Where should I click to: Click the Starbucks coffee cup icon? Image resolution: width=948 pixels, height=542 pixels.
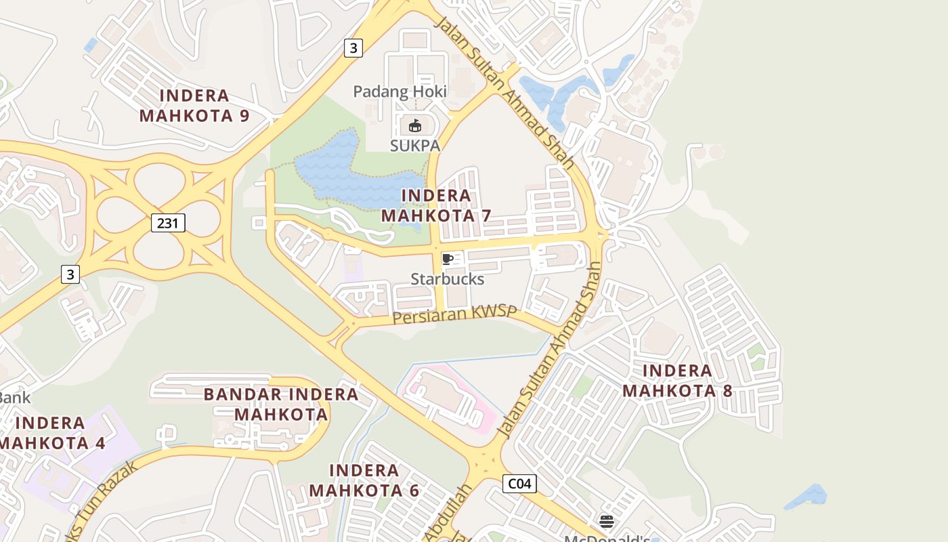[x=447, y=259]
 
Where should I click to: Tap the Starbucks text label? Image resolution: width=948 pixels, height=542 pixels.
[x=448, y=279]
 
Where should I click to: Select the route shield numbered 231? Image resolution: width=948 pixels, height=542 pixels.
[x=168, y=222]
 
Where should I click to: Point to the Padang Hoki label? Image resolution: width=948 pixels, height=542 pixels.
[x=400, y=91]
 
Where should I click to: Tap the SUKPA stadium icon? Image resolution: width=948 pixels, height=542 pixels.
[x=415, y=126]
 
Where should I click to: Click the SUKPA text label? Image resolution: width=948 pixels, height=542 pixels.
[x=415, y=146]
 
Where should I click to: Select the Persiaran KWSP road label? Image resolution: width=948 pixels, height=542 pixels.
[x=455, y=315]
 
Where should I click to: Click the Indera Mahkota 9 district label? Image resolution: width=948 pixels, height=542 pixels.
[x=194, y=106]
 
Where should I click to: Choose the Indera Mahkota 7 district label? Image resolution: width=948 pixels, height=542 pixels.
[x=436, y=206]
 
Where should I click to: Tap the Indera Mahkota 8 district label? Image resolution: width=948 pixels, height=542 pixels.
[x=677, y=381]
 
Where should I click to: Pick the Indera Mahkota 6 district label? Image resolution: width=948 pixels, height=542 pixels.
[x=364, y=480]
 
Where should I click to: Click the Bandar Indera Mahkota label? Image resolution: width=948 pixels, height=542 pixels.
[x=281, y=404]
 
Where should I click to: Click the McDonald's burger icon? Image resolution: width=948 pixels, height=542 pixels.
[x=607, y=521]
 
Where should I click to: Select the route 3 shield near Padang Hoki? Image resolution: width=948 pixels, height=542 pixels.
[x=353, y=48]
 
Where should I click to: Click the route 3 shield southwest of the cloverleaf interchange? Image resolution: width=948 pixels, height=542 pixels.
[x=70, y=274]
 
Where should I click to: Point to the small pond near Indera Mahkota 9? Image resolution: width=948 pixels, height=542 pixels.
[x=91, y=45]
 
